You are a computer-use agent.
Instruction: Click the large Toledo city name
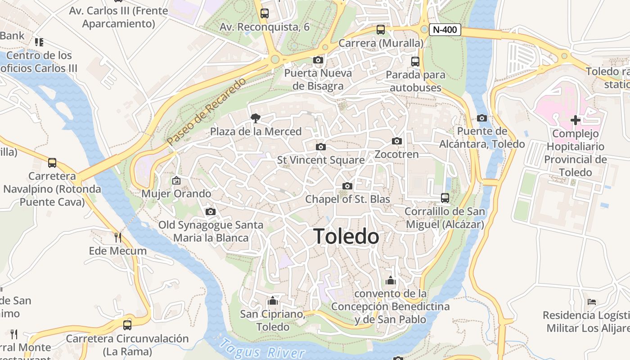click(x=346, y=236)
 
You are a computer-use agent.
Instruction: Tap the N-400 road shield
click(x=445, y=30)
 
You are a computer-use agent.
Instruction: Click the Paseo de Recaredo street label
click(x=207, y=111)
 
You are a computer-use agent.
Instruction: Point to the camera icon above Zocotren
click(x=396, y=141)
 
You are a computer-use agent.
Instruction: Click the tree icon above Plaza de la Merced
click(x=256, y=118)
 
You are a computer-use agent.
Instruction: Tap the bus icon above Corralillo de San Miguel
click(x=445, y=198)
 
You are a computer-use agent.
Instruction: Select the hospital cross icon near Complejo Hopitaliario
click(x=575, y=120)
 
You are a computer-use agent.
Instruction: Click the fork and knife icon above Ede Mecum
click(x=117, y=237)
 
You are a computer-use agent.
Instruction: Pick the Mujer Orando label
click(x=176, y=194)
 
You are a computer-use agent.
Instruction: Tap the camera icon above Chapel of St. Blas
click(x=347, y=186)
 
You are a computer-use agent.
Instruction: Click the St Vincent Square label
click(x=321, y=160)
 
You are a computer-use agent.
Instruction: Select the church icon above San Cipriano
click(x=272, y=301)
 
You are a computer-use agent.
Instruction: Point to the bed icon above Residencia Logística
click(x=591, y=302)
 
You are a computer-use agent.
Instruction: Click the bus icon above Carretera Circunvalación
click(x=127, y=325)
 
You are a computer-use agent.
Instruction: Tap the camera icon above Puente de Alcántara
click(x=481, y=118)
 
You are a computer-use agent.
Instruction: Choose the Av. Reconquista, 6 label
click(x=265, y=27)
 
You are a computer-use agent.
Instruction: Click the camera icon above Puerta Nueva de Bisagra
click(x=318, y=60)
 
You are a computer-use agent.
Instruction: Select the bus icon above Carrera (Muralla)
click(x=381, y=30)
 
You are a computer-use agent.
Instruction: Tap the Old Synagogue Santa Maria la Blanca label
click(x=211, y=231)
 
